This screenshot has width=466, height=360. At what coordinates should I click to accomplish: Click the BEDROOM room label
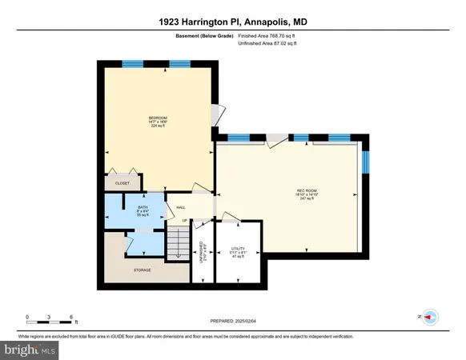(157, 118)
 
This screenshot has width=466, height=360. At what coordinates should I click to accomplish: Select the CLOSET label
(123, 183)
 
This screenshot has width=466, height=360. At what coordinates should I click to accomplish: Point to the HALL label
(181, 207)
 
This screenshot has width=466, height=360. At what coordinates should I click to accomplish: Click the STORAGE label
(143, 270)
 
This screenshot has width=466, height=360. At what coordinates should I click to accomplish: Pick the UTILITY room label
(237, 249)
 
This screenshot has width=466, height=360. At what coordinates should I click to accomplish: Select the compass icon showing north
(430, 317)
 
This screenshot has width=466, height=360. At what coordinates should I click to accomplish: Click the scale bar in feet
(50, 322)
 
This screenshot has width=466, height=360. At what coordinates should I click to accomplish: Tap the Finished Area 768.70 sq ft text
(271, 37)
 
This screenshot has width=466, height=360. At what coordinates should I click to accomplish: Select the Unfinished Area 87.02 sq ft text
(269, 45)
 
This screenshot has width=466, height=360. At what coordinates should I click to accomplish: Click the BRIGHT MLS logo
(30, 350)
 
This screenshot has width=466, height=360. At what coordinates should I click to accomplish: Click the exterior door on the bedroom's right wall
(215, 115)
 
